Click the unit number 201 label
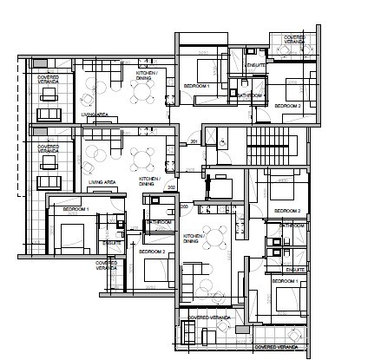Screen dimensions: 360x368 [194, 141]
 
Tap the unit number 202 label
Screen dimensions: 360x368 [171, 187]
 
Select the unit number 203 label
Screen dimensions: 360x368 [186, 206]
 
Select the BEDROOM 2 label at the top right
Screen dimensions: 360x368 [287, 106]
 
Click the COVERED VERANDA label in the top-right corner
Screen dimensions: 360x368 [288, 40]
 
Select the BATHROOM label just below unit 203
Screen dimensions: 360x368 [159, 222]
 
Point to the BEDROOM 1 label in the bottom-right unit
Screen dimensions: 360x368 [285, 282]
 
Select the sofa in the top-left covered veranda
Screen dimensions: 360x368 [48, 115]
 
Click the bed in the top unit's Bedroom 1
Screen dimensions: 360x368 [207, 69]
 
